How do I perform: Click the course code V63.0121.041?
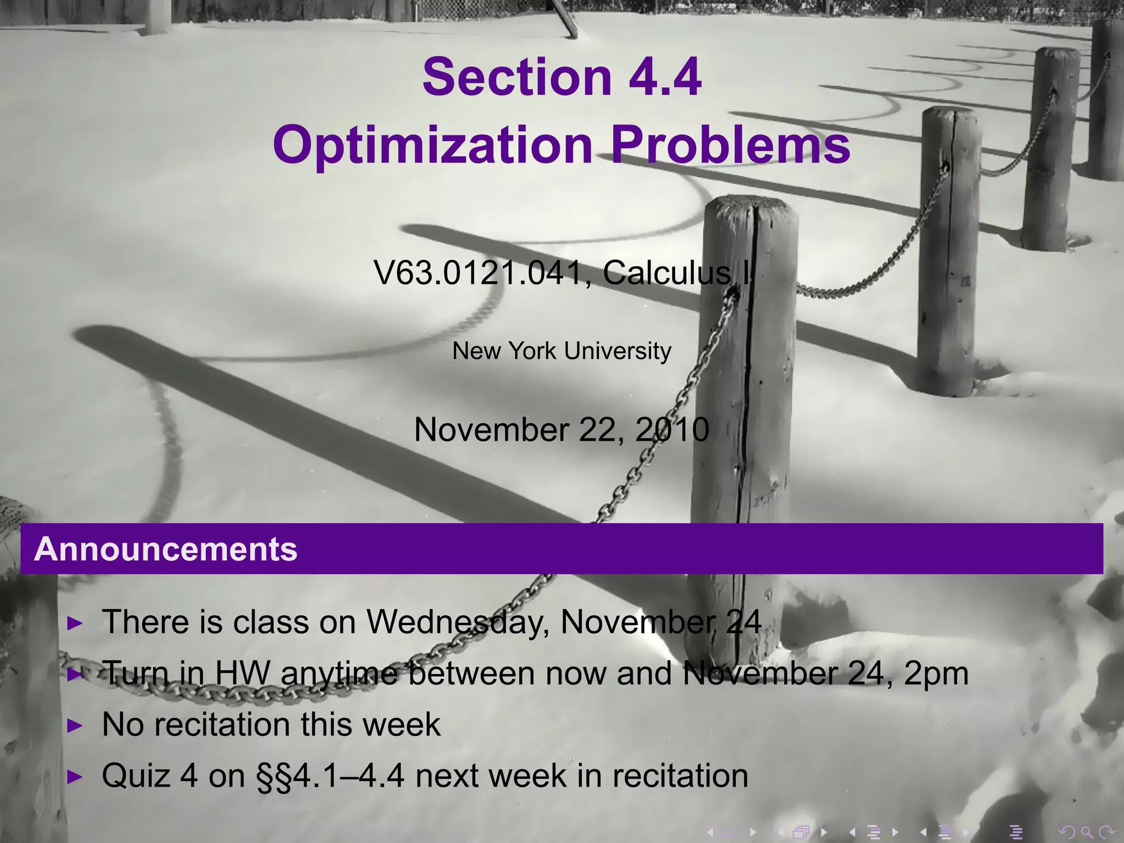[477, 273]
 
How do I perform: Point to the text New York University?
[561, 351]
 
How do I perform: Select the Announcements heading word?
[166, 549]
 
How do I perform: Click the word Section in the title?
[517, 77]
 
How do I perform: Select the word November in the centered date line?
[491, 429]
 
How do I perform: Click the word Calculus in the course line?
[667, 273]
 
